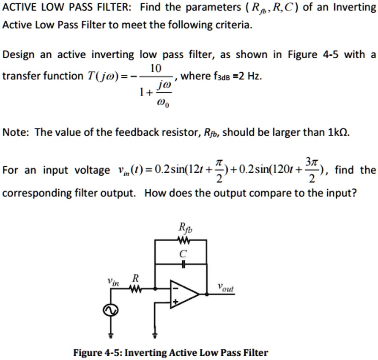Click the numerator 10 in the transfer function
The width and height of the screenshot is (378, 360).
(x=155, y=68)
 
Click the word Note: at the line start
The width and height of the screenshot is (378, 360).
(x=16, y=133)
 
